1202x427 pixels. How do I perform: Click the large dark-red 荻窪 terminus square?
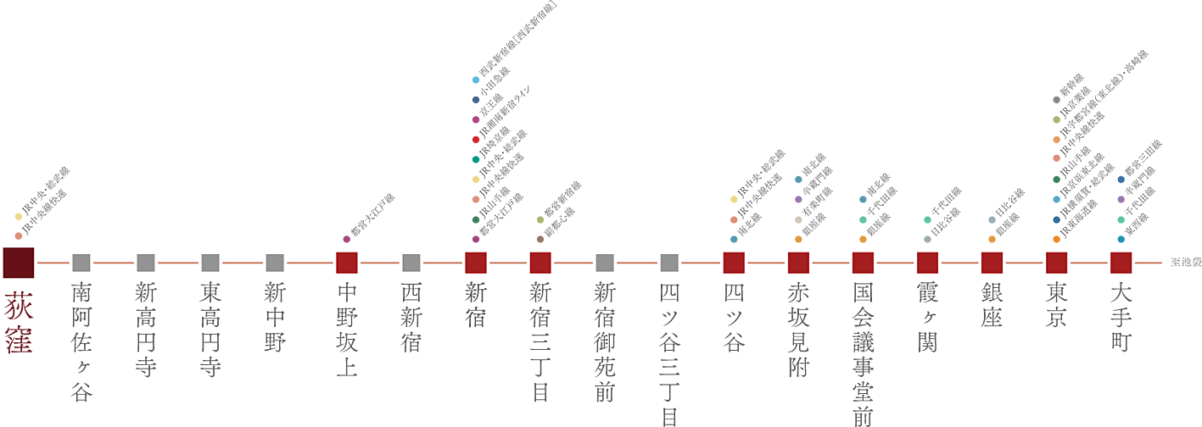pos(19,263)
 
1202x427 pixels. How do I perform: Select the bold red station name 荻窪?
pos(19,322)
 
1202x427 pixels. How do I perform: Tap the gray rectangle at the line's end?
pos(1183,262)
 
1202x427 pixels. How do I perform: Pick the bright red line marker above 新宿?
pos(475,139)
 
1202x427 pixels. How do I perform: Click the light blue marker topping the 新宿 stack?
pos(475,80)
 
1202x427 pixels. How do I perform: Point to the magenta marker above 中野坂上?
pos(346,239)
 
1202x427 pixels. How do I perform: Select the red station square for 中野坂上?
pos(347,263)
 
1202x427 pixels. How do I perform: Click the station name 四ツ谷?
pos(734,318)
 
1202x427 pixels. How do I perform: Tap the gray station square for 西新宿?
pos(411,263)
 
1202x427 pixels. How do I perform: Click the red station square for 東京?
pos(1056,263)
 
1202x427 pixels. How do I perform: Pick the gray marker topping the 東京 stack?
pos(1056,100)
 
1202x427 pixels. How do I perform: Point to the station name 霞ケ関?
pos(927,318)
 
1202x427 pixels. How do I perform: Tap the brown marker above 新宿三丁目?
pos(540,239)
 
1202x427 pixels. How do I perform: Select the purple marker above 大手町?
pos(1121,199)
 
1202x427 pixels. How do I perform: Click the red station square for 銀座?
pos(992,263)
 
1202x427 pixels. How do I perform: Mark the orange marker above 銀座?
pos(992,239)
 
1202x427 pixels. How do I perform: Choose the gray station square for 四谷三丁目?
pos(669,263)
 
